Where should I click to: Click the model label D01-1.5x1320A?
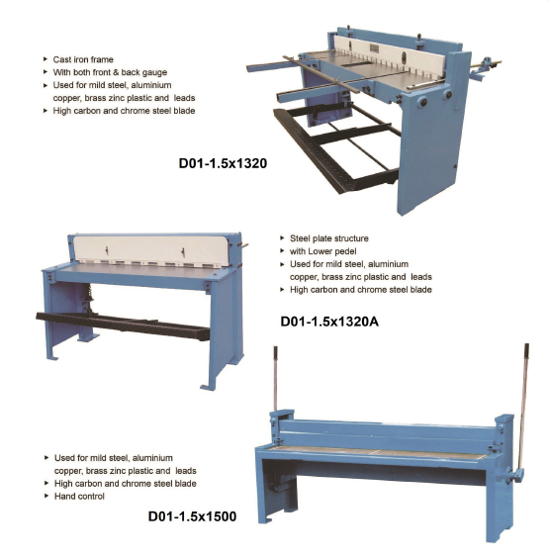click(329, 322)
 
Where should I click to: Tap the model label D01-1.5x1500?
click(192, 516)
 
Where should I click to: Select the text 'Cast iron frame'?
click(83, 59)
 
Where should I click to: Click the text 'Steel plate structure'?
click(329, 238)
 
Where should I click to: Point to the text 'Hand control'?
click(79, 497)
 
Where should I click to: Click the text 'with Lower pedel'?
click(322, 251)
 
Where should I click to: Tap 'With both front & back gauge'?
click(110, 72)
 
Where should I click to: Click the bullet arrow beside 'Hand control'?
click(46, 496)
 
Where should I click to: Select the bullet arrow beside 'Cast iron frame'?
click(46, 59)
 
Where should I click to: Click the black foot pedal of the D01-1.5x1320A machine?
click(123, 326)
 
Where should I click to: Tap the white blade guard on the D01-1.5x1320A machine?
click(151, 250)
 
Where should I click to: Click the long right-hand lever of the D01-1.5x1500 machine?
click(523, 407)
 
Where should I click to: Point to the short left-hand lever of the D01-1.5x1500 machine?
click(276, 379)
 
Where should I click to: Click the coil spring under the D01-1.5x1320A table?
click(87, 294)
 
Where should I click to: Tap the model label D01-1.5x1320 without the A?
click(223, 163)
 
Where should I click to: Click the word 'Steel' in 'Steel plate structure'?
click(300, 238)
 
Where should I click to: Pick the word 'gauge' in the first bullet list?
click(154, 73)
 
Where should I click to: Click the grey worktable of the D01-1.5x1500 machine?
click(378, 452)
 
